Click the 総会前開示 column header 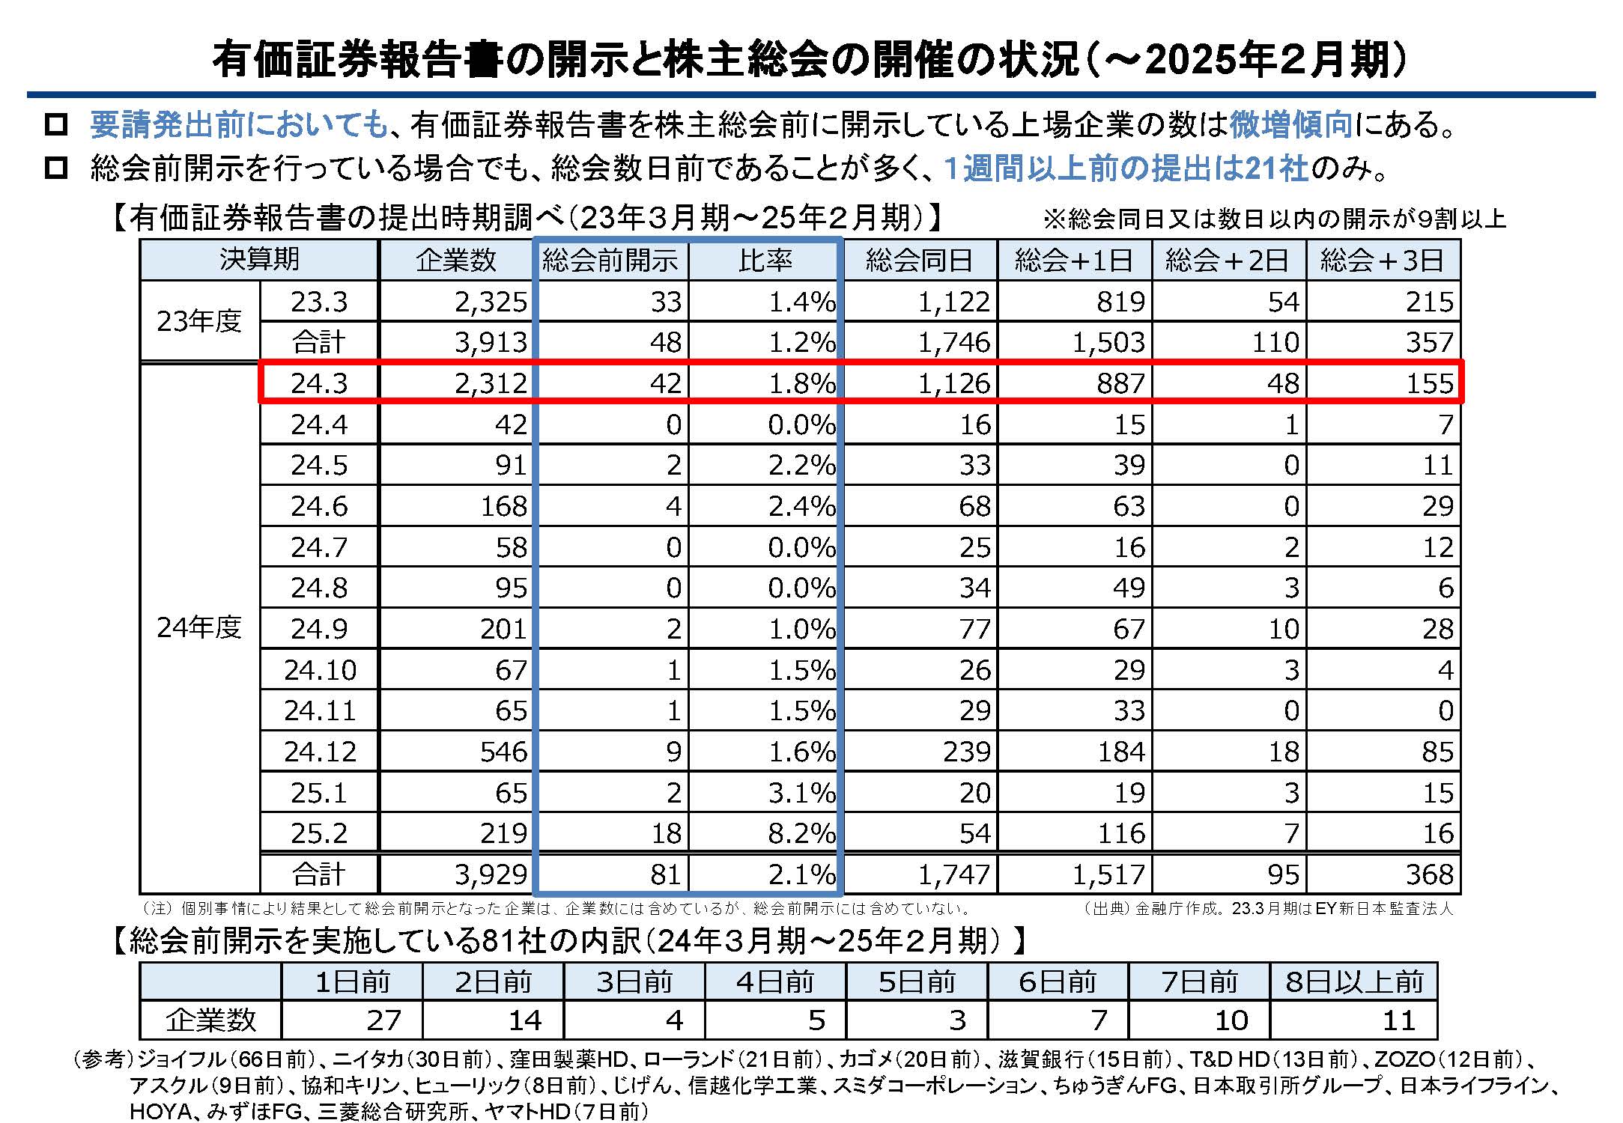(x=610, y=260)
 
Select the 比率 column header (x=765, y=260)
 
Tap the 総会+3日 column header (x=1383, y=260)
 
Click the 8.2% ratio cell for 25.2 (x=801, y=833)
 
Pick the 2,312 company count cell (x=491, y=383)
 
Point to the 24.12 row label (x=320, y=752)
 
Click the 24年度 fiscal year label (x=199, y=627)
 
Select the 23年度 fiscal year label (x=199, y=321)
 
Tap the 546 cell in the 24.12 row (x=503, y=752)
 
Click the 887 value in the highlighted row (x=1120, y=383)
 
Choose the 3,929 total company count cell (x=491, y=874)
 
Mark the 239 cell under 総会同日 (x=966, y=752)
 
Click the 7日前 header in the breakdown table (x=1199, y=982)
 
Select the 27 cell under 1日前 (x=383, y=1020)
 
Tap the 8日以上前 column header (x=1354, y=982)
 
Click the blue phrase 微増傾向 (x=1290, y=124)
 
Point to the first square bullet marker (x=56, y=124)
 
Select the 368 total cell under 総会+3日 (x=1428, y=874)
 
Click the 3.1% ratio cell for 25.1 (x=801, y=793)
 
